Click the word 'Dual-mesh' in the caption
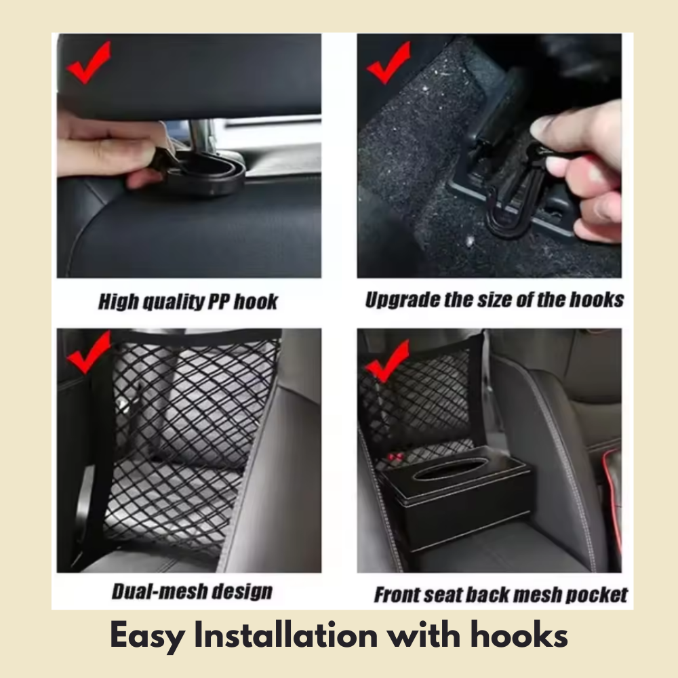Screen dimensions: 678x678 coord(153,591)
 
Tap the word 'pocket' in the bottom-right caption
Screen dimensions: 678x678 coord(597,595)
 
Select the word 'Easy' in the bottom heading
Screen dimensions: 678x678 coord(146,636)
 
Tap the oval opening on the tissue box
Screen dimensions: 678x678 coord(451,469)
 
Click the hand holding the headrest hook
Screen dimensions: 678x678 coord(108,146)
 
